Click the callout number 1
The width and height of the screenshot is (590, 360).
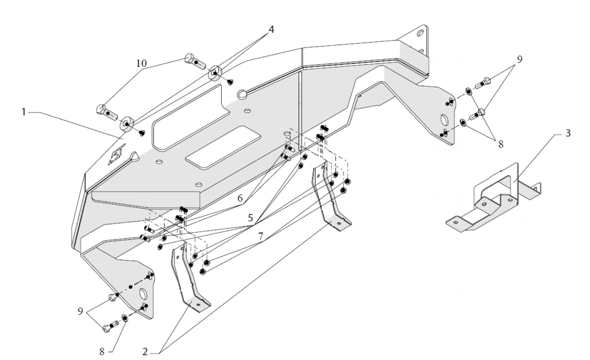click(23, 112)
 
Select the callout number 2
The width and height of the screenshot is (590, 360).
click(145, 352)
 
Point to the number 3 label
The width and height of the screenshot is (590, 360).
click(568, 133)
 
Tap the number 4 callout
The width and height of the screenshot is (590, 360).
click(271, 29)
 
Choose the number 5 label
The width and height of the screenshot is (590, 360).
click(250, 218)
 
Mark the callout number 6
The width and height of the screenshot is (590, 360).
click(240, 198)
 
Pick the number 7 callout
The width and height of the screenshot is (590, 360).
click(260, 236)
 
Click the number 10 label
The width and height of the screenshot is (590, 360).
click(141, 63)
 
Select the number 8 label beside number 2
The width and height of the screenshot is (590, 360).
click(102, 352)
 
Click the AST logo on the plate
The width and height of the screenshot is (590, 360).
click(117, 154)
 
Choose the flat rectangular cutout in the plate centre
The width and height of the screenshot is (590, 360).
click(223, 147)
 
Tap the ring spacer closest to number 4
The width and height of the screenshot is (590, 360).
click(214, 73)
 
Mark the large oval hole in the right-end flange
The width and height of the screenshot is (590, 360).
click(444, 120)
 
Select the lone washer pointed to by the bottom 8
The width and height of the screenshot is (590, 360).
click(124, 318)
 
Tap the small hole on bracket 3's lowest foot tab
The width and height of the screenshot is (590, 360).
click(456, 223)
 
